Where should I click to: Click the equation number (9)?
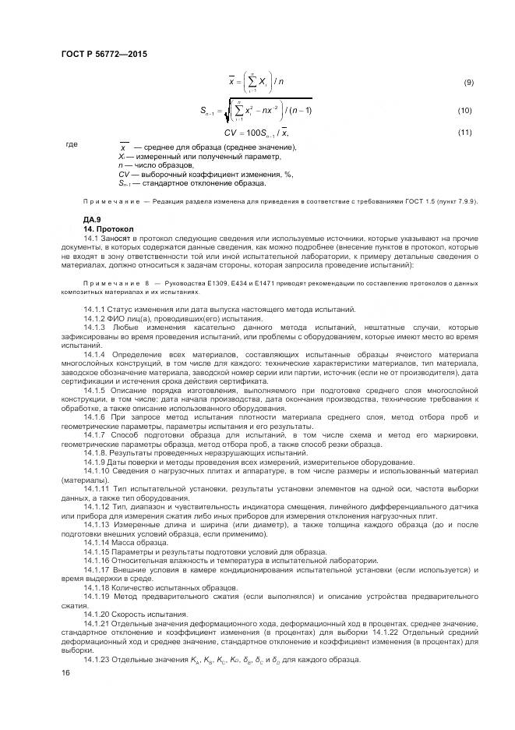468,83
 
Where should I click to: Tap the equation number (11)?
465,132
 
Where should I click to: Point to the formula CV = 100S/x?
245,133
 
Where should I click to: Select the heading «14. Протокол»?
108,229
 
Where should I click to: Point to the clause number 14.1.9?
97,463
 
